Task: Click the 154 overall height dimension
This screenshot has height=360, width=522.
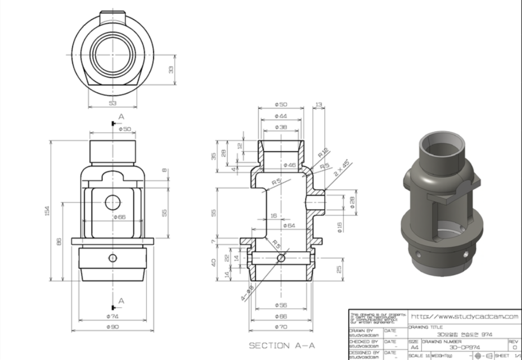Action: point(48,210)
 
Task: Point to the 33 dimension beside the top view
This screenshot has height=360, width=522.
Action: point(171,69)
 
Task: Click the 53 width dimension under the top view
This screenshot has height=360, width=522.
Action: point(112,103)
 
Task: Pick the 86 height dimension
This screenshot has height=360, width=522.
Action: point(59,241)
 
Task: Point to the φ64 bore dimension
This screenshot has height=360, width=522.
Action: point(289,226)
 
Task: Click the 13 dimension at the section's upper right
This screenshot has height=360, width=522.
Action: point(319,105)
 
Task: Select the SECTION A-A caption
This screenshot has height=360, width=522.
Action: point(281,344)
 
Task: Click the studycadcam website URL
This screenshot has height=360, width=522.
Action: point(464,317)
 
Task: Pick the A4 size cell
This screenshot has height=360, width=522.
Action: point(413,348)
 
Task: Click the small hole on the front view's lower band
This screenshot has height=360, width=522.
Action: point(112,258)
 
